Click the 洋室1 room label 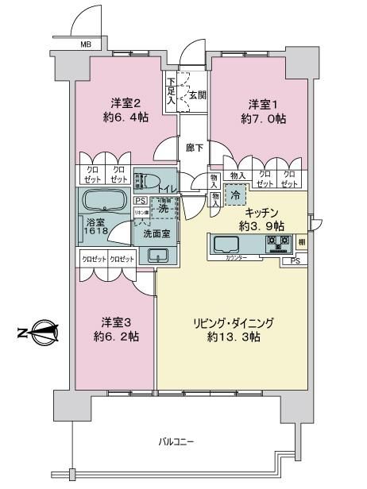pyautogui.click(x=258, y=105)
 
